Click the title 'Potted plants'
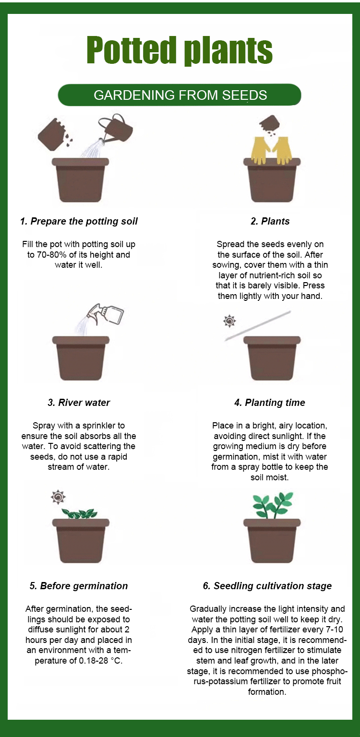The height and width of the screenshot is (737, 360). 180,50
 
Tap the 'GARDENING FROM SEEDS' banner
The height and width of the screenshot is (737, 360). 180,95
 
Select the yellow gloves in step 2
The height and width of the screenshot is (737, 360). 271,151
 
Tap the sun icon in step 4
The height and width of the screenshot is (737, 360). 229,321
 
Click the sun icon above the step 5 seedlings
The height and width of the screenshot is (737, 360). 58,497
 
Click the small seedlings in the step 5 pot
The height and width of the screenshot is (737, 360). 80,513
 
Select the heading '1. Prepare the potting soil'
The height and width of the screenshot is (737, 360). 79,221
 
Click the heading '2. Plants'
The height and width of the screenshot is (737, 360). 270,221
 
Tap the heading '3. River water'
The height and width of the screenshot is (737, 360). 79,403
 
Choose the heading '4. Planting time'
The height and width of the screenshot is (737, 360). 270,403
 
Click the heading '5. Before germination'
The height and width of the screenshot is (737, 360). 79,586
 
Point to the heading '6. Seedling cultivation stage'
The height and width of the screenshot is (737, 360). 267,586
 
